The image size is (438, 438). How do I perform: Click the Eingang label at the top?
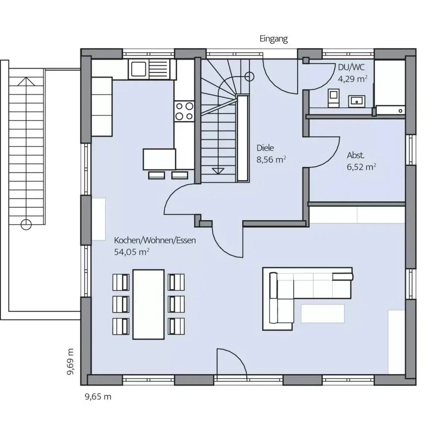274,39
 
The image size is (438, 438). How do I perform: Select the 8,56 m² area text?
271,160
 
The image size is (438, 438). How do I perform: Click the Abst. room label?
355,156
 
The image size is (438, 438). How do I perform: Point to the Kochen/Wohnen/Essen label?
154,240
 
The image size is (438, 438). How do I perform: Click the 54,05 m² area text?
131,252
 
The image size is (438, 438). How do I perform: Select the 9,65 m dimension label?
98,397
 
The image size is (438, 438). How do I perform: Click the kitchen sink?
139,69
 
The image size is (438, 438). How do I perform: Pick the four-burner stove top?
184,110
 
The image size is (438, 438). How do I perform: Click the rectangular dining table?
148,304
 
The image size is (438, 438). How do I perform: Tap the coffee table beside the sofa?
323,313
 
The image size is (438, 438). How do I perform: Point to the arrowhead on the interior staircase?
218,170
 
